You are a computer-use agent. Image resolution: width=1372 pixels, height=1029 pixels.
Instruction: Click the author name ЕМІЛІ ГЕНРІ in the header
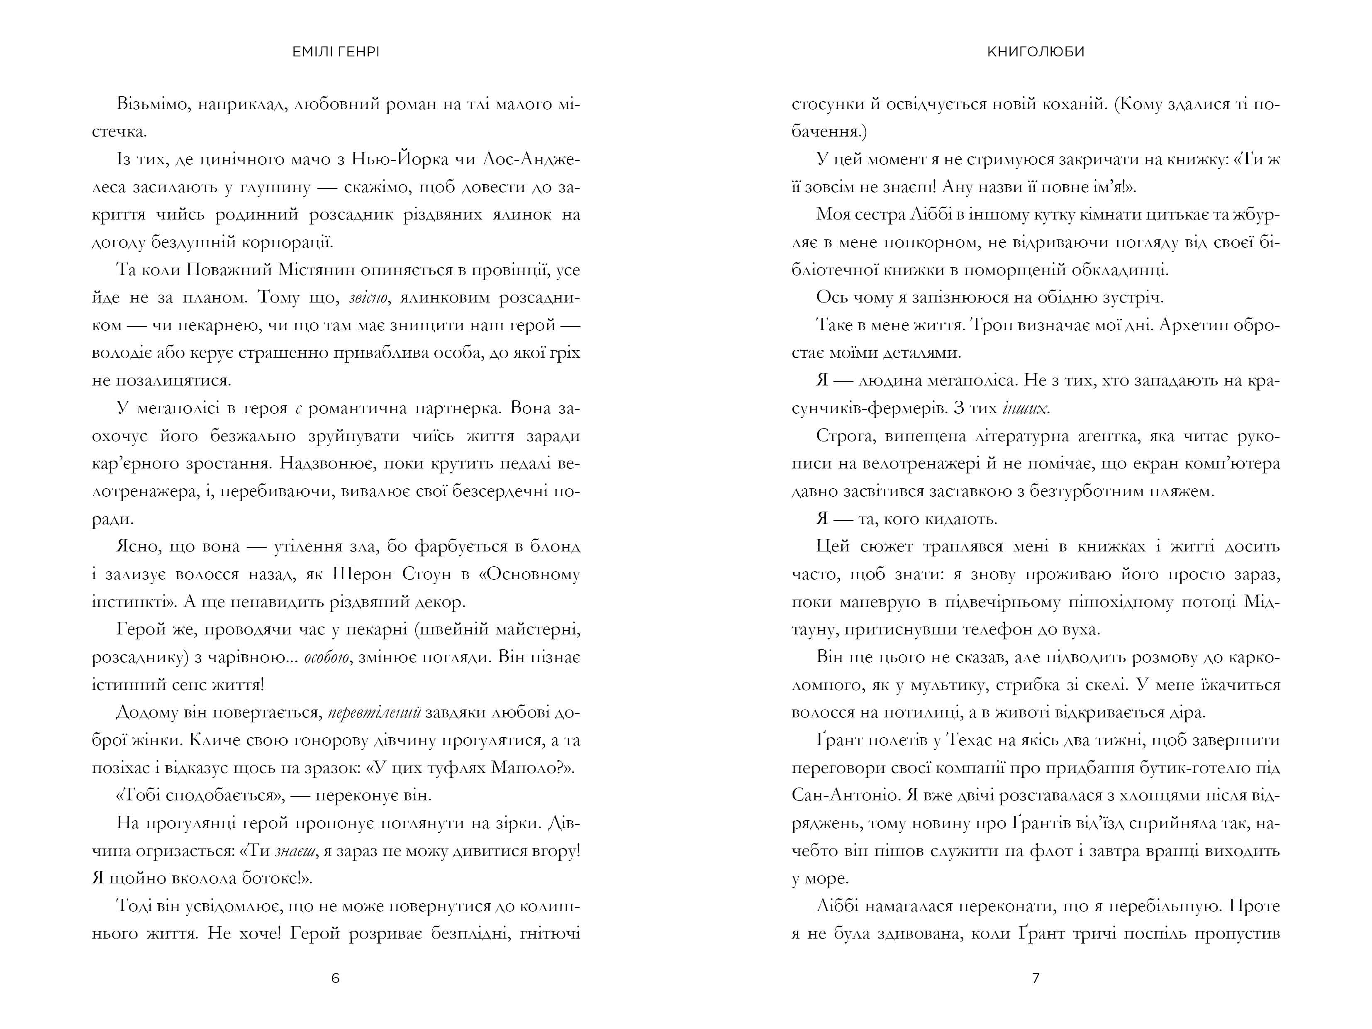point(336,52)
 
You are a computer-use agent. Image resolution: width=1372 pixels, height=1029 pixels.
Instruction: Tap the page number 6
point(336,978)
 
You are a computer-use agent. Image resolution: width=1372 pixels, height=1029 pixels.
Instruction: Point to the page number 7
point(1035,978)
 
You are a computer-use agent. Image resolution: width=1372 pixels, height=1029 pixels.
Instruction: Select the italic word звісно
point(369,298)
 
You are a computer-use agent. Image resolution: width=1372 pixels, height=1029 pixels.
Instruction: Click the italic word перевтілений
point(374,713)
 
